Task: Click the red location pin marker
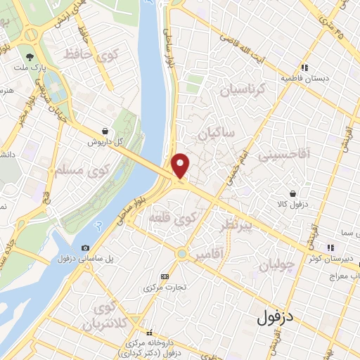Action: pos(181,165)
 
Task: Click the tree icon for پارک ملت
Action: pos(30,57)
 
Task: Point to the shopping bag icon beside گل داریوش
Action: pos(105,130)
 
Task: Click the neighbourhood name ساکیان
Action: pos(216,134)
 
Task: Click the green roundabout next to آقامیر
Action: pos(182,252)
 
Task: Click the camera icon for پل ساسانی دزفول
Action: pos(85,247)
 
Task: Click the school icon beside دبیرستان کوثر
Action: pos(328,247)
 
